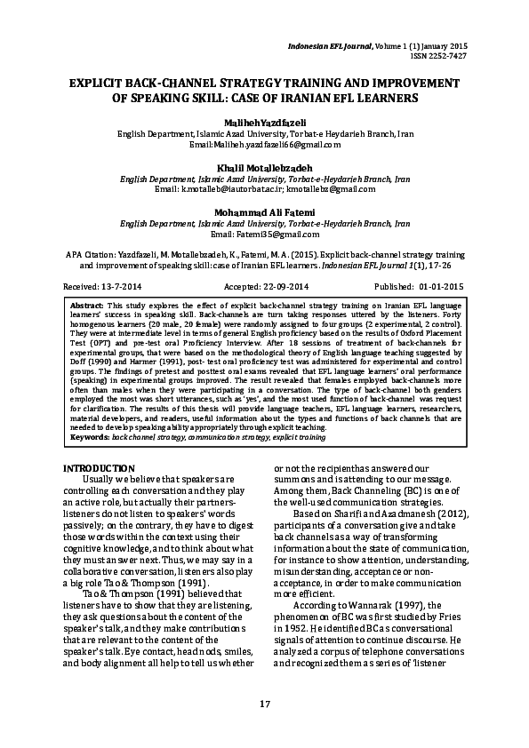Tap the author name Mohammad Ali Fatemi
(x=263, y=211)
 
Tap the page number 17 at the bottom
(x=264, y=704)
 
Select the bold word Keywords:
(x=90, y=439)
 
